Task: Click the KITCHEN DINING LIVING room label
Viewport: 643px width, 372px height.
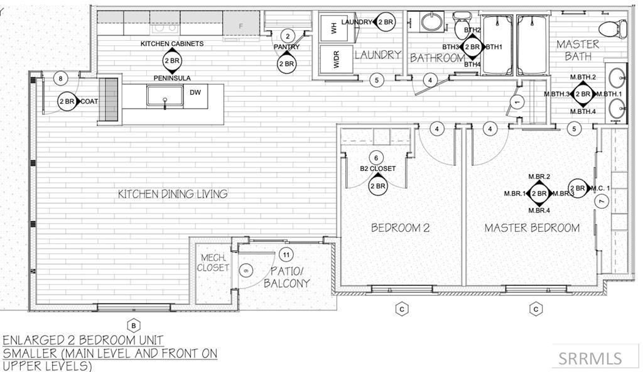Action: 173,194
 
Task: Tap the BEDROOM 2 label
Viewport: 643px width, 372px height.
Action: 400,227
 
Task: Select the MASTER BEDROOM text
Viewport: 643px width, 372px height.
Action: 532,227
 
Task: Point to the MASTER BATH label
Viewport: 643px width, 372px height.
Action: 578,50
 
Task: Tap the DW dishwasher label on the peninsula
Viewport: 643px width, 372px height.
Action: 195,92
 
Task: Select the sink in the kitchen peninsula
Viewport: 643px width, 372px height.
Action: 165,96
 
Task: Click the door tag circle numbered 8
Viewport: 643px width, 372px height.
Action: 60,79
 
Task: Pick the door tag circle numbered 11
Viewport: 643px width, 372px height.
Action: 286,254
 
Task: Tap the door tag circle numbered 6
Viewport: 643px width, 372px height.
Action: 377,158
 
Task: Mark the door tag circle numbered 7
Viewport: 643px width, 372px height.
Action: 601,201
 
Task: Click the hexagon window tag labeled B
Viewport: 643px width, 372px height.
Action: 133,325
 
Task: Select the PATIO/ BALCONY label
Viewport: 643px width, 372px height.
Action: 288,277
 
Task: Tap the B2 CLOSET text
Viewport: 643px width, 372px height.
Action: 377,168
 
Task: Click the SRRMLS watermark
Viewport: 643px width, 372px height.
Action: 590,358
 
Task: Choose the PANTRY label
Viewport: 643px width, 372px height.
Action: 286,47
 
